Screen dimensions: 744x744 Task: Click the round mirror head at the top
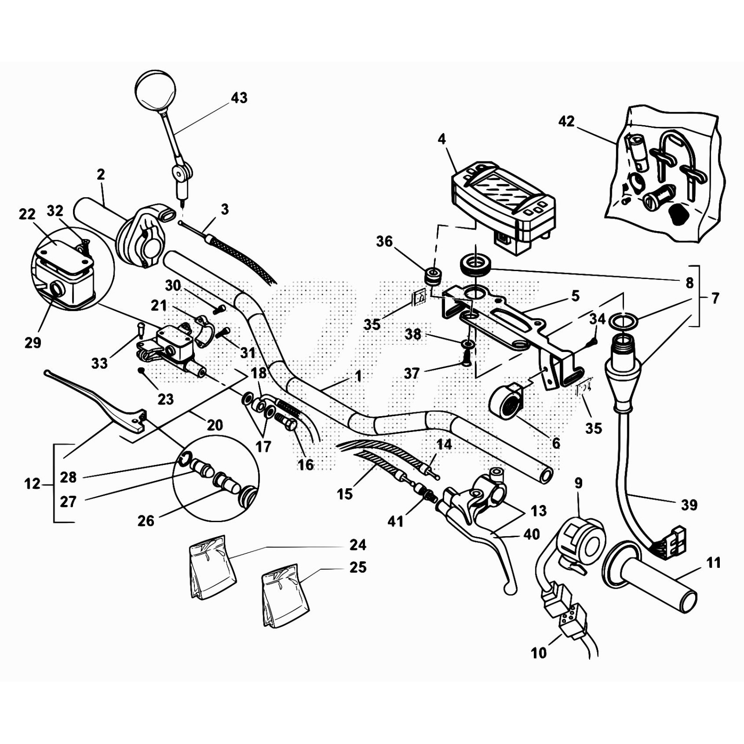(x=156, y=90)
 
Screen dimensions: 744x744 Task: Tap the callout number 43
(x=239, y=98)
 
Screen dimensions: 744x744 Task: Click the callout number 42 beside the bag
(x=566, y=121)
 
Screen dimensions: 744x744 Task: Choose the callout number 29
(x=33, y=343)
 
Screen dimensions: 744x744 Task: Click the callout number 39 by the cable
(x=689, y=505)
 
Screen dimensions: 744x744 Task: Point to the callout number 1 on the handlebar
(x=358, y=376)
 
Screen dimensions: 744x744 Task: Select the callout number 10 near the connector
(x=538, y=653)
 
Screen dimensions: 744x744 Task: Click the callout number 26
(x=146, y=520)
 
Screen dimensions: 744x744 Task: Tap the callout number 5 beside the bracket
(x=575, y=296)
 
